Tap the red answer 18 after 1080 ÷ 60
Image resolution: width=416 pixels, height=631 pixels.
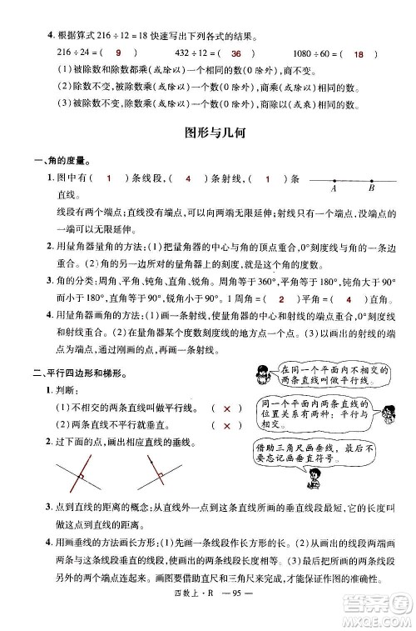point(359,54)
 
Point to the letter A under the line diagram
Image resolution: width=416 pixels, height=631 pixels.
point(333,189)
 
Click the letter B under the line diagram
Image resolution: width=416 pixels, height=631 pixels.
point(371,189)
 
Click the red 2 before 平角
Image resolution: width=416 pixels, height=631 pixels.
point(282,299)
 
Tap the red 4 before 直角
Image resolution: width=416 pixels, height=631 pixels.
point(348,299)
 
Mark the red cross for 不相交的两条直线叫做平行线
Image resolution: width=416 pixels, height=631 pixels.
point(227,408)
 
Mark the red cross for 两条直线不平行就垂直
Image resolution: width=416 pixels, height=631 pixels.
point(227,427)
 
